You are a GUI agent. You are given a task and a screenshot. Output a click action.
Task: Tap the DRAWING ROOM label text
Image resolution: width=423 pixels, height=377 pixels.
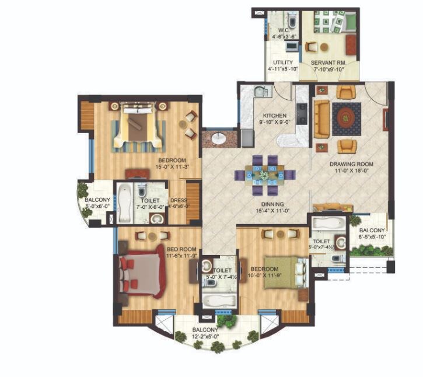351,164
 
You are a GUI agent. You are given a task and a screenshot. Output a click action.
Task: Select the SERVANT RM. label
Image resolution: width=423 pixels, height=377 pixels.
327,62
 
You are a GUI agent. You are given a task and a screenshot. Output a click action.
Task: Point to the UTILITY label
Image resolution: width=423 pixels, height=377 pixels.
283,62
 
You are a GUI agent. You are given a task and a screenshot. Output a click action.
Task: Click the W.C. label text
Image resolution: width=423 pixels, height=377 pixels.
284,30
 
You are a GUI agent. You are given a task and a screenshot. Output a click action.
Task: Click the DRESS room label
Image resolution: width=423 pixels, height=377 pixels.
178,200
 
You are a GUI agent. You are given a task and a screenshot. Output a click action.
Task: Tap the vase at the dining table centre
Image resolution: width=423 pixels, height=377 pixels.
264,174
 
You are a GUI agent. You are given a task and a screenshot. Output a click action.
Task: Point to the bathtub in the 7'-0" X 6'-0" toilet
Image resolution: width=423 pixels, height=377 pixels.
125,204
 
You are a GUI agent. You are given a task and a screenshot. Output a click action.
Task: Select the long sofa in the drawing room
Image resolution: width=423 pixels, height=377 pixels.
321,119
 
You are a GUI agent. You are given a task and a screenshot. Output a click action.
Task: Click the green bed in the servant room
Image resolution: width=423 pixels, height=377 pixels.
348,22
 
